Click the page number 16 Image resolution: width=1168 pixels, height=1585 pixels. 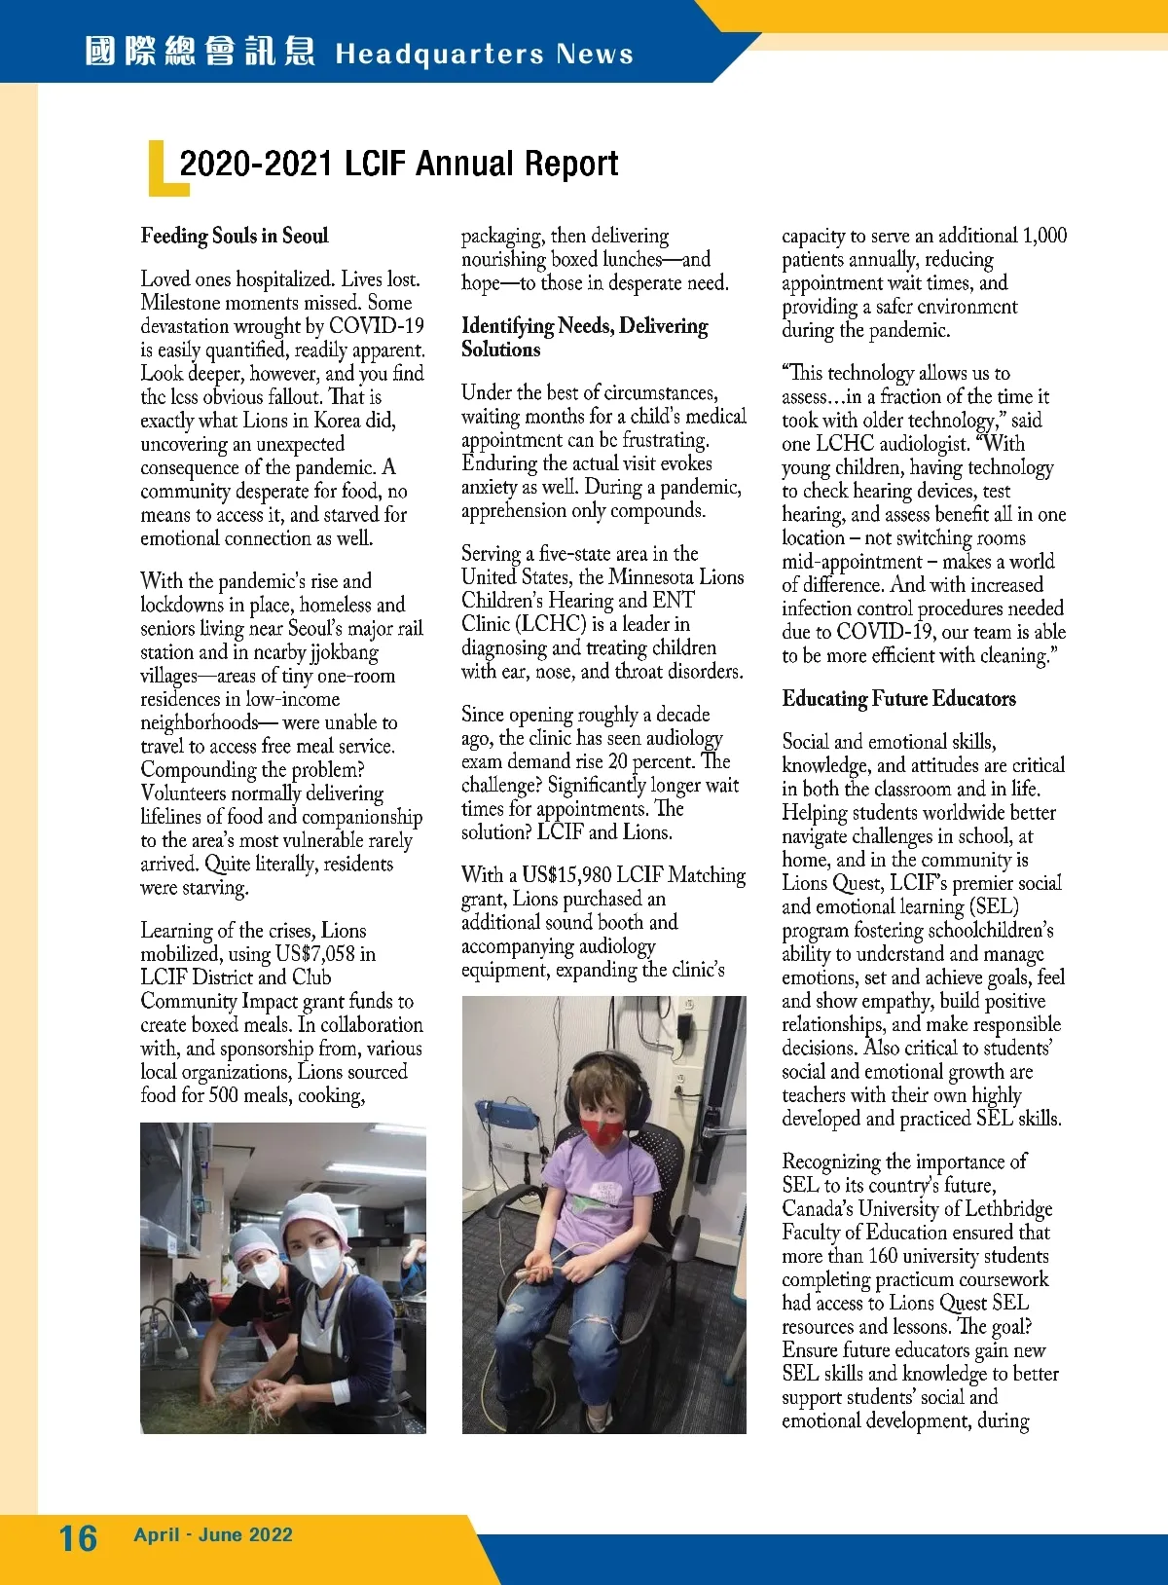pos(78,1537)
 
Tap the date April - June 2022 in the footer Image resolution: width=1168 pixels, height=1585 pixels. pos(213,1535)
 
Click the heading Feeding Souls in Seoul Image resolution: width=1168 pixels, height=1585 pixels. pos(235,236)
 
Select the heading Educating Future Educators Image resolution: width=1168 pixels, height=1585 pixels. pos(898,699)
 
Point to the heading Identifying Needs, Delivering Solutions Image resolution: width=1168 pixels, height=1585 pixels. pos(584,337)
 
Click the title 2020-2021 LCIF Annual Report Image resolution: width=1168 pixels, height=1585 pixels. pos(399,164)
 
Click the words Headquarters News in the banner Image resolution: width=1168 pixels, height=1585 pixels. pos(484,54)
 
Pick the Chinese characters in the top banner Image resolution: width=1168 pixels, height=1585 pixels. pos(200,52)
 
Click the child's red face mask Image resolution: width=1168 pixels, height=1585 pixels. pos(602,1129)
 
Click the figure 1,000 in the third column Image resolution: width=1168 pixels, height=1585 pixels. pos(1043,236)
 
